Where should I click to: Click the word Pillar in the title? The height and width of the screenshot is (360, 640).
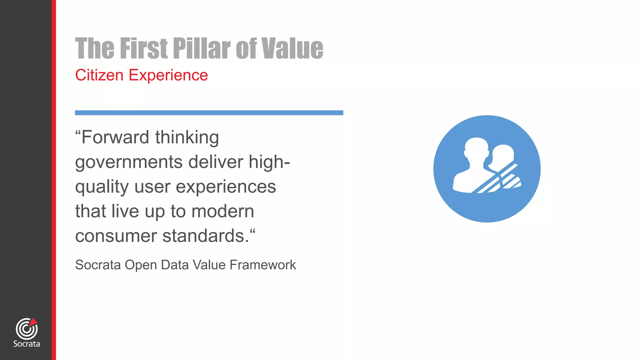pos(202,48)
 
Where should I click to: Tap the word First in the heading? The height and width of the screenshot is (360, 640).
pos(144,48)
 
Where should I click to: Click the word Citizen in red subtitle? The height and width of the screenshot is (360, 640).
pos(99,75)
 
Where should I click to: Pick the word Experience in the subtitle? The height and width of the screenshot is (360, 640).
pos(168,75)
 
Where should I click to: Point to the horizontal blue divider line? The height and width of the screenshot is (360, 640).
pos(209,113)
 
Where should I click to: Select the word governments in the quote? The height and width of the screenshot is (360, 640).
pos(129,162)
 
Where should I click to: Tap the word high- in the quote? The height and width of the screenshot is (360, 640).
pos(269,162)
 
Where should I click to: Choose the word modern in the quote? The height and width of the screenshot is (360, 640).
pos(222,211)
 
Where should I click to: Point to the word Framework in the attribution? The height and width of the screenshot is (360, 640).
pos(262,265)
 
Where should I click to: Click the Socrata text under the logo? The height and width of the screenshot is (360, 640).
pos(27,344)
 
